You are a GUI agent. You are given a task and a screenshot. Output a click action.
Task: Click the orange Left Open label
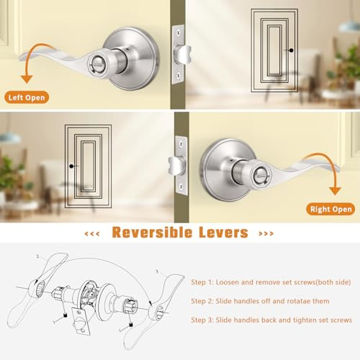point(27,97)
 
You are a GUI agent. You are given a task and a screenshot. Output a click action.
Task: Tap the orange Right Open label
point(330,209)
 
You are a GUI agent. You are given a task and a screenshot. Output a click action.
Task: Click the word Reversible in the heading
point(152,233)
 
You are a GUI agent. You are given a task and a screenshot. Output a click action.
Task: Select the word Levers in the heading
point(223,233)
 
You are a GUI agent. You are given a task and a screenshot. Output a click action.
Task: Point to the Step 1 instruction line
point(271,282)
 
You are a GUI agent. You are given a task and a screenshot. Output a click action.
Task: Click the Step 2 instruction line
point(260,301)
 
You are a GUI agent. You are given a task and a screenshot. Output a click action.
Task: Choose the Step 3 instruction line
point(271,320)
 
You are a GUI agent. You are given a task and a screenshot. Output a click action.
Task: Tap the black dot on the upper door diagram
point(291,50)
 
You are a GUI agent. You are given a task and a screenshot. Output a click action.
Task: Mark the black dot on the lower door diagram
point(71,166)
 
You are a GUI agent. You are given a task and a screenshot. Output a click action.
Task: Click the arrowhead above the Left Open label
point(27,79)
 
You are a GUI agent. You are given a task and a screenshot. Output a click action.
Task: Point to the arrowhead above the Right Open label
point(335,191)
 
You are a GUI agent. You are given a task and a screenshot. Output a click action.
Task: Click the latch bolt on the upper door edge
point(184,55)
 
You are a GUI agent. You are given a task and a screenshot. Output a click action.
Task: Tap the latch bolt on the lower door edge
point(176,166)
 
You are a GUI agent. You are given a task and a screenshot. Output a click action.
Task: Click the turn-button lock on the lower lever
point(261,176)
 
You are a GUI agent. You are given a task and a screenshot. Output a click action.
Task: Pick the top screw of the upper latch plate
point(179,32)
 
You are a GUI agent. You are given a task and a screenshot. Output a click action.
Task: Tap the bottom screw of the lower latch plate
point(181,186)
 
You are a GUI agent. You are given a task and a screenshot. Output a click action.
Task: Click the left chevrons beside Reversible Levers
point(92,233)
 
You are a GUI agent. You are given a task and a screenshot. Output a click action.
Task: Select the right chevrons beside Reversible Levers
point(266,233)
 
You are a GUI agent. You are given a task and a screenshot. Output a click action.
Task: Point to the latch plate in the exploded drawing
point(81,320)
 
